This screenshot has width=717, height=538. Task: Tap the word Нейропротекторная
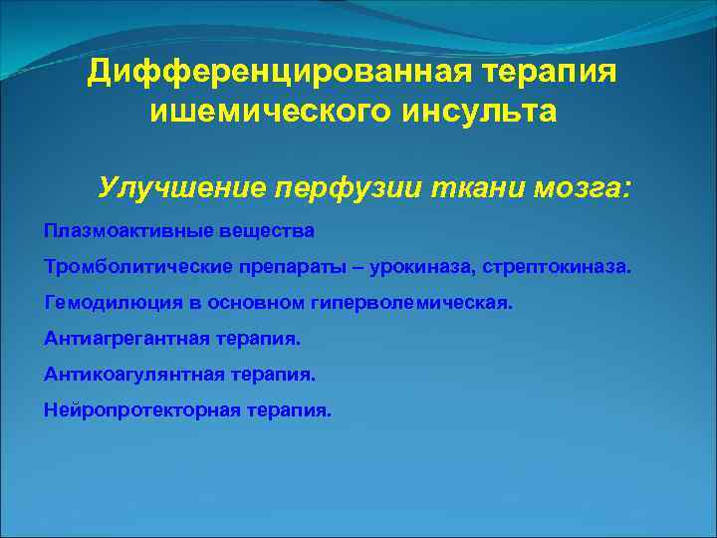coord(139,410)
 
